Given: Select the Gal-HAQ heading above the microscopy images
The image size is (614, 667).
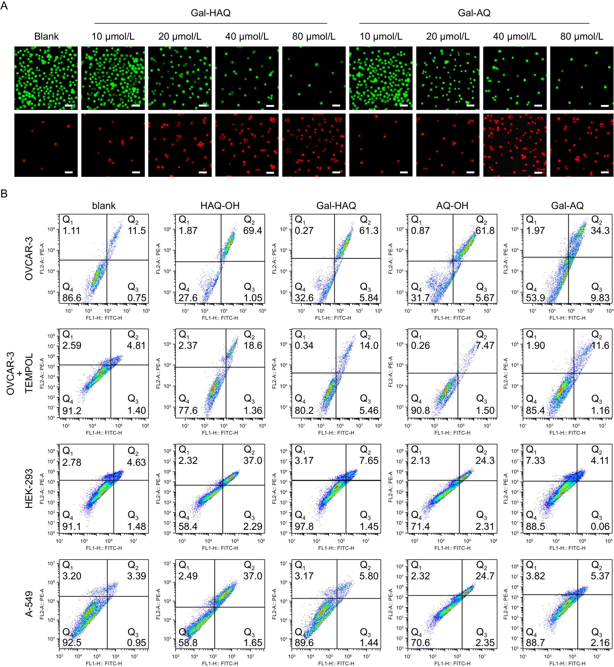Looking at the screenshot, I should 210,13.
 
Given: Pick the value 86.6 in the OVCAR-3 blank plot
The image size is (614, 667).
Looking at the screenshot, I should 72,298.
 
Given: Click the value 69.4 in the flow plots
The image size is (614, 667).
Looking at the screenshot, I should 253,231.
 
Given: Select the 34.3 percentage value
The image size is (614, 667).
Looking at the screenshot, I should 600,231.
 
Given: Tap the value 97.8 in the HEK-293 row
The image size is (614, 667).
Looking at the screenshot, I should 304,526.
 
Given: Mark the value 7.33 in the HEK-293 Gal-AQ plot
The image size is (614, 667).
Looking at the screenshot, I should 535,461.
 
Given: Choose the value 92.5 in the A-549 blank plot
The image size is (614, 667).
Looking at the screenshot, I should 72,642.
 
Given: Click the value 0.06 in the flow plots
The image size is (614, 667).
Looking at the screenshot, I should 600,526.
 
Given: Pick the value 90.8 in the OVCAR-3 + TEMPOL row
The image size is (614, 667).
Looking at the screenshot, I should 420,411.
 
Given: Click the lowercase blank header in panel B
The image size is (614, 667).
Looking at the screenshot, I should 104,206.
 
